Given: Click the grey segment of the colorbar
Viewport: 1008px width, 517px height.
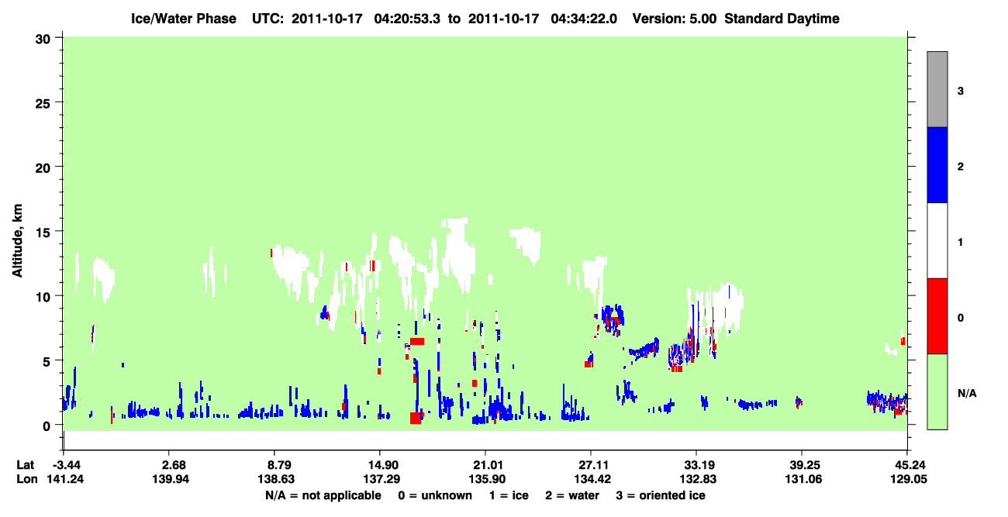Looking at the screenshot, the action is click(937, 89).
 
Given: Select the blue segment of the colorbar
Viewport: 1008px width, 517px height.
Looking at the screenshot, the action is click(937, 164).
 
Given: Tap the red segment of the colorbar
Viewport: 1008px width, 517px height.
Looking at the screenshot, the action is click(937, 316).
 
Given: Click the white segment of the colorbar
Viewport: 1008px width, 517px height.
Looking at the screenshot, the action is click(937, 240).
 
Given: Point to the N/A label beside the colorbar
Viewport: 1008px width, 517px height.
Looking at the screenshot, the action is click(967, 393).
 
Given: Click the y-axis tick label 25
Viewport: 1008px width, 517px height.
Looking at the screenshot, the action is click(43, 103).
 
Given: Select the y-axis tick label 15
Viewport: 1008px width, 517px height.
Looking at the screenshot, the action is click(43, 233).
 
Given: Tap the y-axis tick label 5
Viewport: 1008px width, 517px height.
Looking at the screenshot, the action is click(47, 361).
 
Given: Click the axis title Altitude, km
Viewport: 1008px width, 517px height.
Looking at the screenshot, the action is click(17, 240).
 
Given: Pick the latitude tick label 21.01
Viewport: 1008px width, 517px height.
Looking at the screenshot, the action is click(487, 464).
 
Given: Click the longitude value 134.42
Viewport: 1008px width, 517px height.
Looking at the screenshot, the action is click(592, 479).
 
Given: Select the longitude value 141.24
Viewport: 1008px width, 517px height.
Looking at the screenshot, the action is click(65, 479).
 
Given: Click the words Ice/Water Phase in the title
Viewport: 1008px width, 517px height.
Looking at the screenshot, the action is click(184, 19).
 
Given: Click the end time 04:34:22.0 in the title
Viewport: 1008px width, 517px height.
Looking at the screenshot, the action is click(584, 19).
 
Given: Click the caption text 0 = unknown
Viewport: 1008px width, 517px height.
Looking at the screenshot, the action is click(435, 495).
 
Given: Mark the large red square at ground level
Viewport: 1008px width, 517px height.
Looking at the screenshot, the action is click(415, 418).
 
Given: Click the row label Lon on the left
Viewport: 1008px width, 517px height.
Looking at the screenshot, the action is click(27, 479).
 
